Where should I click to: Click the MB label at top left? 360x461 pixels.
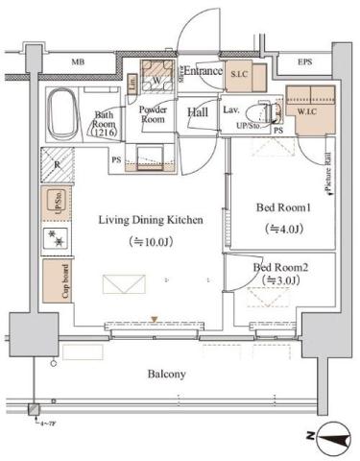(x=78, y=63)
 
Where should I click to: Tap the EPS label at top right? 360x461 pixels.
(x=304, y=63)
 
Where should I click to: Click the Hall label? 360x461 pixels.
(x=199, y=112)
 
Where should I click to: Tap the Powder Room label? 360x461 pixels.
(x=155, y=115)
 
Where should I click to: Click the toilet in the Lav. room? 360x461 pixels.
(x=256, y=109)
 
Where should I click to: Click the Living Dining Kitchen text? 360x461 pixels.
(x=151, y=220)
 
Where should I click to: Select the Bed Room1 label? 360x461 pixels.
(x=282, y=206)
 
